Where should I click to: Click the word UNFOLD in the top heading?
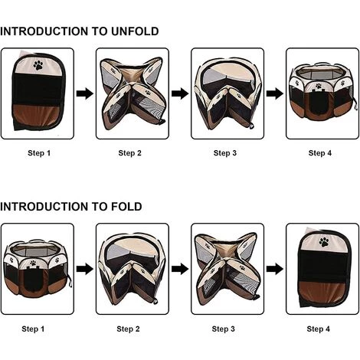pyautogui.click(x=135, y=31)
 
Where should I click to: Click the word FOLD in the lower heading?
pyautogui.click(x=126, y=207)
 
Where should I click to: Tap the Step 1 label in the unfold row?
pyautogui.click(x=39, y=153)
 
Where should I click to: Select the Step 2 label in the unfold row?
pyautogui.click(x=129, y=153)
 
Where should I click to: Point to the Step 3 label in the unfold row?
pyautogui.click(x=225, y=153)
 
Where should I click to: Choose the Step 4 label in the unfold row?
pyautogui.click(x=320, y=153)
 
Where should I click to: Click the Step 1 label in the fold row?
pyautogui.click(x=33, y=329)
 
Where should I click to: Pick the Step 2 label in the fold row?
pyautogui.click(x=128, y=329)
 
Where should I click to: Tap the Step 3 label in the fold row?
pyautogui.click(x=224, y=329)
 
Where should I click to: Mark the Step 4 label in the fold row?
pyautogui.click(x=319, y=329)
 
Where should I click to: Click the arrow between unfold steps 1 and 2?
pyautogui.click(x=85, y=93)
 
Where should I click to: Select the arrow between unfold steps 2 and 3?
pyautogui.click(x=180, y=93)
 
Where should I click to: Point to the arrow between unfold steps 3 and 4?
pyautogui.click(x=275, y=93)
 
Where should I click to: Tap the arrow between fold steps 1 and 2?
pyautogui.click(x=85, y=269)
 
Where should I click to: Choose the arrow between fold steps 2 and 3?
pyautogui.click(x=180, y=269)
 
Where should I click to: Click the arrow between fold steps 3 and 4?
pyautogui.click(x=275, y=269)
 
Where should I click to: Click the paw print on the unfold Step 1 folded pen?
pyautogui.click(x=38, y=65)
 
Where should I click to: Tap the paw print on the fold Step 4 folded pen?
pyautogui.click(x=324, y=242)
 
